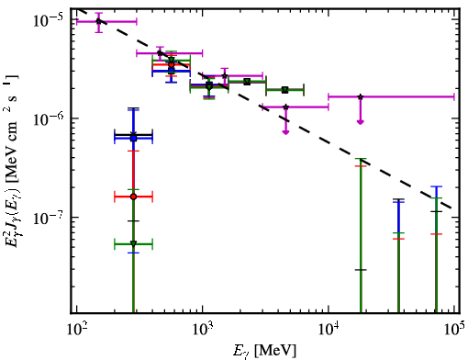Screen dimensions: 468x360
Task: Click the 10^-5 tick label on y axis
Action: coord(48,20)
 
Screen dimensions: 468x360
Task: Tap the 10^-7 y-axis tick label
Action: coord(48,218)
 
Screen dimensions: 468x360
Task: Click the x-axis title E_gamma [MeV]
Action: coord(264,350)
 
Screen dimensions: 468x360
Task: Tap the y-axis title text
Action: coord(12,163)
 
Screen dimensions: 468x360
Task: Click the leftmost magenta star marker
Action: coord(98,21)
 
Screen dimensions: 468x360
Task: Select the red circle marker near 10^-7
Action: coord(133,197)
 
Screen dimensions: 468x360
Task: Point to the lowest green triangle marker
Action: coord(133,243)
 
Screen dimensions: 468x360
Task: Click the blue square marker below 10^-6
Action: coord(133,139)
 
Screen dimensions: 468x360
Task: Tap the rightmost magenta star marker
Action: coord(361,96)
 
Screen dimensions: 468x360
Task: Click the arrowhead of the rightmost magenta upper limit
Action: coord(361,122)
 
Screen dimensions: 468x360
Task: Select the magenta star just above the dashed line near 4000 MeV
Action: coord(285,107)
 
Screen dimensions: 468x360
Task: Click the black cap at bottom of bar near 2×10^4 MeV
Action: coord(361,270)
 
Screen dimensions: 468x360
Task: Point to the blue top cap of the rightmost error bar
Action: coord(436,186)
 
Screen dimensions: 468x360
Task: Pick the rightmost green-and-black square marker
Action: coord(285,90)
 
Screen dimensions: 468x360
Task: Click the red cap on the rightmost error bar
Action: coord(436,234)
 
